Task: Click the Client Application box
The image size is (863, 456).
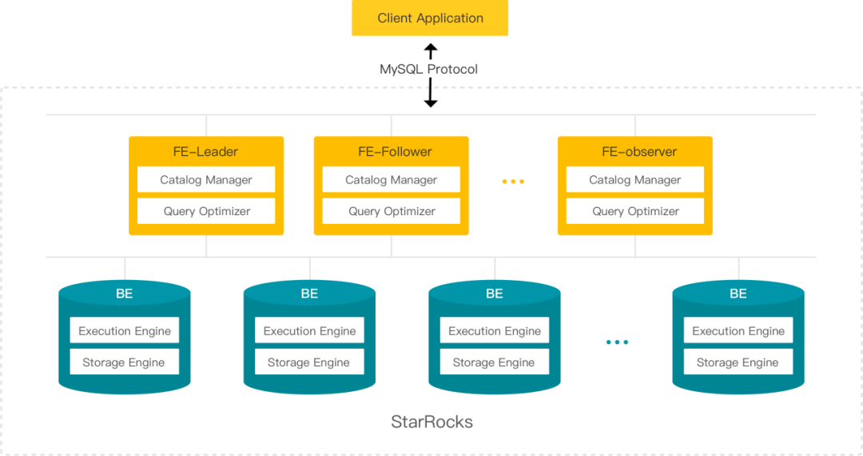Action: tap(430, 18)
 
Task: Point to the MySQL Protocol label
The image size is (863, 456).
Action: tap(429, 70)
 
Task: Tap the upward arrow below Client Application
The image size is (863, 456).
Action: tap(431, 51)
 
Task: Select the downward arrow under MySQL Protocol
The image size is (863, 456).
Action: tap(431, 93)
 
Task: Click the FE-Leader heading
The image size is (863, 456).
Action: tap(206, 151)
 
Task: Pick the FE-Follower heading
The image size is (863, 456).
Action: tap(396, 151)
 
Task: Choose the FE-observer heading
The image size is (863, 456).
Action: tap(639, 151)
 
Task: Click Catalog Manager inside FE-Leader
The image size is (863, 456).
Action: tap(206, 179)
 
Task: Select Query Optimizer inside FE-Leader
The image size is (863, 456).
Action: tap(206, 211)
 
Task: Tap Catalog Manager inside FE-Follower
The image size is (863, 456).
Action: tap(391, 179)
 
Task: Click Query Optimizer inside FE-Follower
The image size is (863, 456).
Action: tap(391, 211)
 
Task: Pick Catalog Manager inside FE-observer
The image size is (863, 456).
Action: tap(635, 179)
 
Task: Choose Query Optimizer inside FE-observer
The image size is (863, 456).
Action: tap(635, 211)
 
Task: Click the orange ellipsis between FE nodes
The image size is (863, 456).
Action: tap(513, 181)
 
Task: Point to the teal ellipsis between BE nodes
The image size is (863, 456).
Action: tap(617, 342)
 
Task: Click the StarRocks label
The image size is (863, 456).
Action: tap(432, 422)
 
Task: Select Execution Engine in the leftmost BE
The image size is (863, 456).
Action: tap(125, 330)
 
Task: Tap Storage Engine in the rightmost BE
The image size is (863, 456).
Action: tap(738, 362)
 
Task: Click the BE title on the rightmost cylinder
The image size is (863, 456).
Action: tap(738, 294)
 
